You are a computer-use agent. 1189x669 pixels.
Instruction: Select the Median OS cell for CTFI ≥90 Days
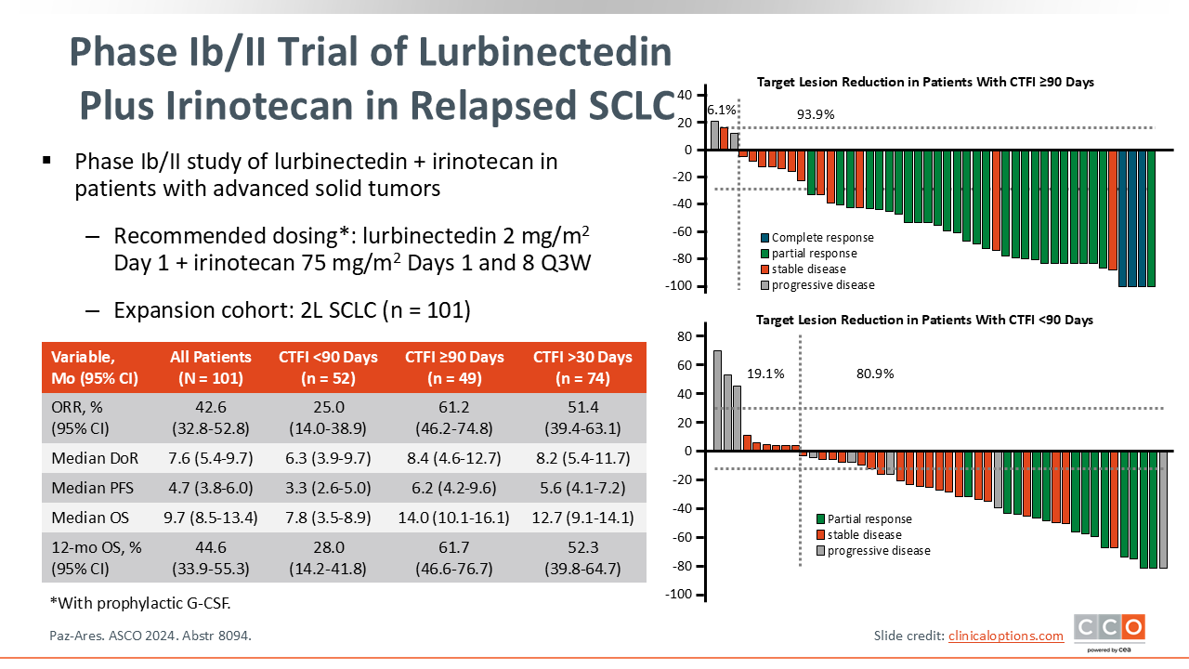[454, 518]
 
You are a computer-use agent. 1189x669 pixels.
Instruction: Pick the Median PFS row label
[91, 487]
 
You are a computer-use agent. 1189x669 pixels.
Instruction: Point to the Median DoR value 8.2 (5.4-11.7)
[582, 456]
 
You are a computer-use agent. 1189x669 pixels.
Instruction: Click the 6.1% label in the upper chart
[721, 110]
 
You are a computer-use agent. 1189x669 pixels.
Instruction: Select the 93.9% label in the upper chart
[816, 114]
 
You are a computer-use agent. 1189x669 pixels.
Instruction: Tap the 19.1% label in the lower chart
[765, 374]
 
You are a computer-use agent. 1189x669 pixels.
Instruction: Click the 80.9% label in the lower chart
[874, 374]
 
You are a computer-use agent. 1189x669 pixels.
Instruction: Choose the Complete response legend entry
[822, 238]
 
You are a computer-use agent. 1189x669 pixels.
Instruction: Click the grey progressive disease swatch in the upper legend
[764, 285]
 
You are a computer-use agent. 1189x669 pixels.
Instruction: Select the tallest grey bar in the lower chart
[717, 400]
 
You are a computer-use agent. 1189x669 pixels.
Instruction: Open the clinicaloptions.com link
[1005, 636]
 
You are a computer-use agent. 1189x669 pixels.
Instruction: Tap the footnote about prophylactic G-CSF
[139, 603]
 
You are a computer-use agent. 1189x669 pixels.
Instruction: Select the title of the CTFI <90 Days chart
[924, 320]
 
